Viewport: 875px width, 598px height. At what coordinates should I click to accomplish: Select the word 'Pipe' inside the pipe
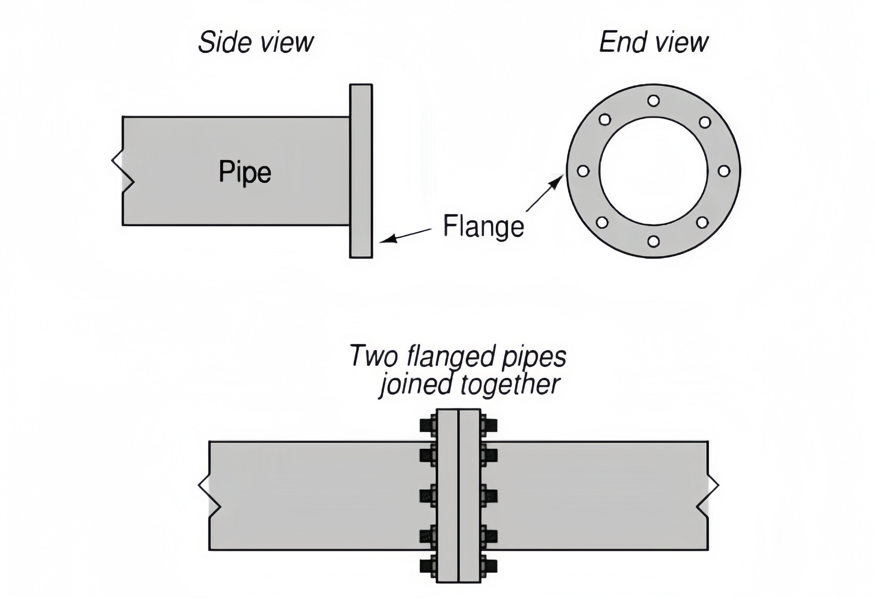coord(244,172)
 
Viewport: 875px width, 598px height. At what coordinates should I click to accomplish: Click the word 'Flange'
coord(483,226)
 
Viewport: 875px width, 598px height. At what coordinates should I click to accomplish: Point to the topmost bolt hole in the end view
coord(653,101)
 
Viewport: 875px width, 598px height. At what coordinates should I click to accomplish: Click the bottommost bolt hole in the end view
coord(653,241)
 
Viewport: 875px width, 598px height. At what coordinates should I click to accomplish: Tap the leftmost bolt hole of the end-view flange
coord(583,171)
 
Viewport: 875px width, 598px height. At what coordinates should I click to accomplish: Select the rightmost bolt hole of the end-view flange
coord(724,171)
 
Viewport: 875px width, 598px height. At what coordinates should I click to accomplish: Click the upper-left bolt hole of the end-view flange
coord(604,119)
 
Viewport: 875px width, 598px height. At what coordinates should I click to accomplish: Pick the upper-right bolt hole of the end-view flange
coord(705,122)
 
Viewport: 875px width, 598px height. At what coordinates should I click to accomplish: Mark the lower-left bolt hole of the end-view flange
coord(602,222)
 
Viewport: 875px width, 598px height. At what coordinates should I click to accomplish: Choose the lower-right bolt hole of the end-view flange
coord(702,222)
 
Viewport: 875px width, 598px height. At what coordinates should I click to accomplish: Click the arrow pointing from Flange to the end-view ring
coord(545,193)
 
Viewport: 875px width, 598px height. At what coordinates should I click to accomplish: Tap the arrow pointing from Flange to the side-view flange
coord(405,236)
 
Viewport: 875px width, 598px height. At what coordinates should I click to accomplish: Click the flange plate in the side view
coord(361,171)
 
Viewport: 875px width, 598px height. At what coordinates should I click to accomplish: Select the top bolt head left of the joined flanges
coord(428,425)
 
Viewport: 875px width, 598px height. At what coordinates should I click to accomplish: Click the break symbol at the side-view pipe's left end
coord(122,171)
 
